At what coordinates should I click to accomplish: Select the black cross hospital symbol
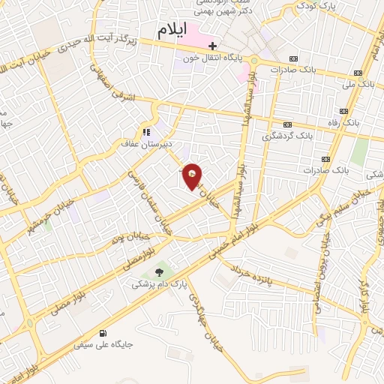pyautogui.click(x=214, y=46)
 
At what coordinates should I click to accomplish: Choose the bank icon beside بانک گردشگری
pyautogui.click(x=287, y=124)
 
